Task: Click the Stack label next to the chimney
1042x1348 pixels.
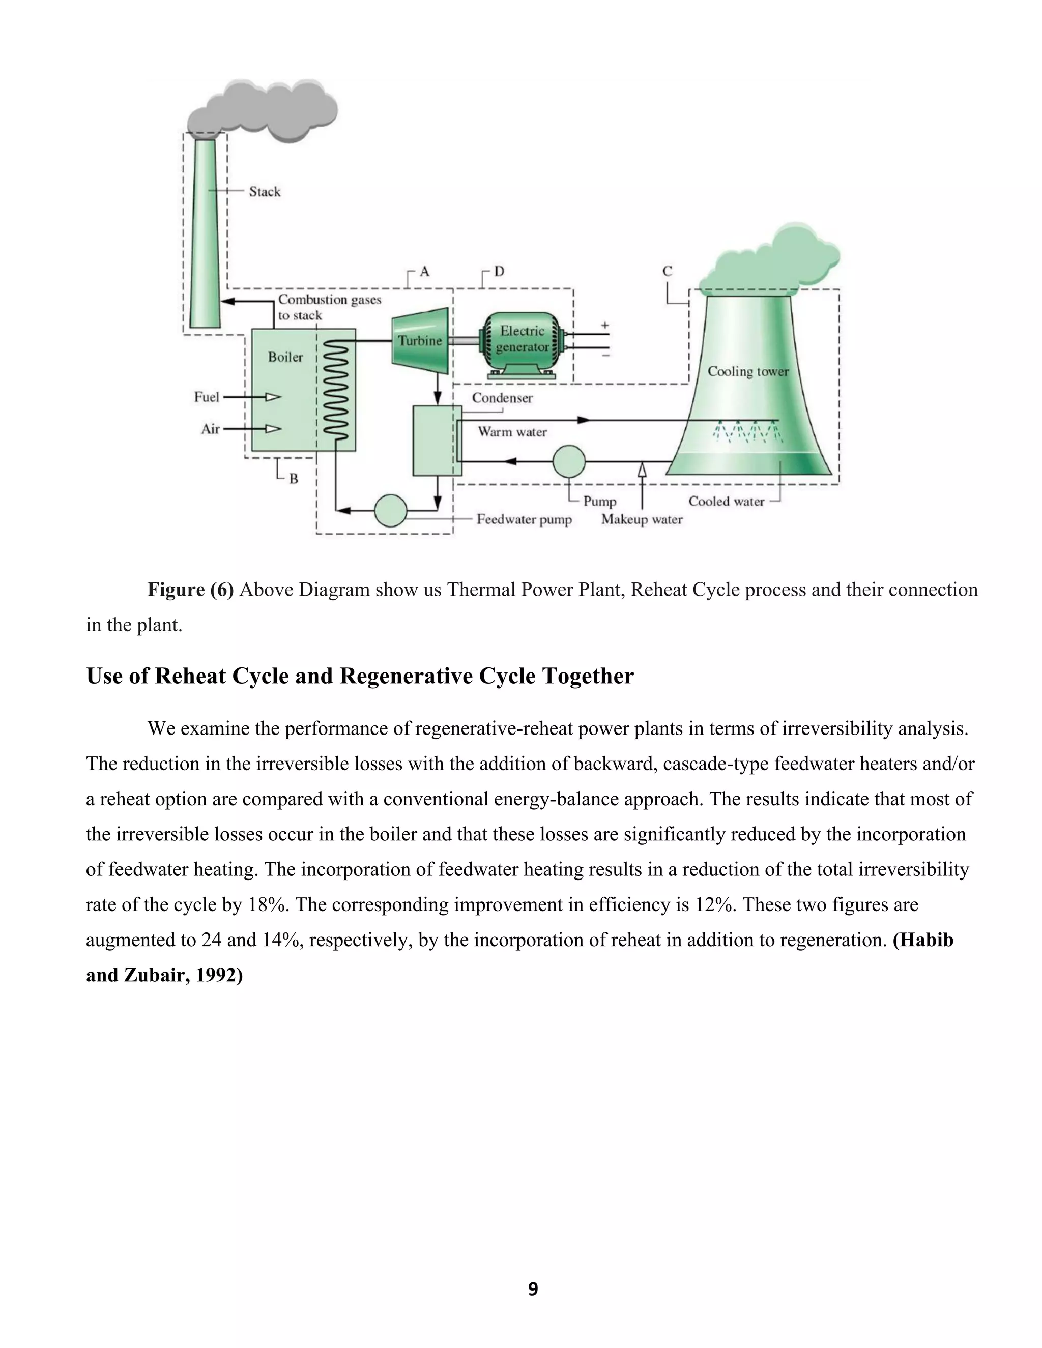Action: point(264,191)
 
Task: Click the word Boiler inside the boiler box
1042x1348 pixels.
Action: point(285,357)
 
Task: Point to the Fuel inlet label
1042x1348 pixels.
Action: point(206,397)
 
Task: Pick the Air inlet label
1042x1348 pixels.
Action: point(210,428)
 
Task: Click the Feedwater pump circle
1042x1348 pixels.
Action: point(391,510)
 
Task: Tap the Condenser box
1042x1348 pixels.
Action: point(437,441)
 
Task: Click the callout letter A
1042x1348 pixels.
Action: point(425,271)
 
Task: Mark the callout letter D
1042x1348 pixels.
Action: point(499,271)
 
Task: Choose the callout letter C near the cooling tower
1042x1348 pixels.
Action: point(668,271)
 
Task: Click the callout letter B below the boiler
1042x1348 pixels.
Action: point(294,478)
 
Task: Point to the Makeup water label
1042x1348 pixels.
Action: point(642,520)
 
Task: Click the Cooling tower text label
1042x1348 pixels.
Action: point(747,371)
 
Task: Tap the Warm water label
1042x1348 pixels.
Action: point(512,432)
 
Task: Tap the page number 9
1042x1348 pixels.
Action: point(533,1289)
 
